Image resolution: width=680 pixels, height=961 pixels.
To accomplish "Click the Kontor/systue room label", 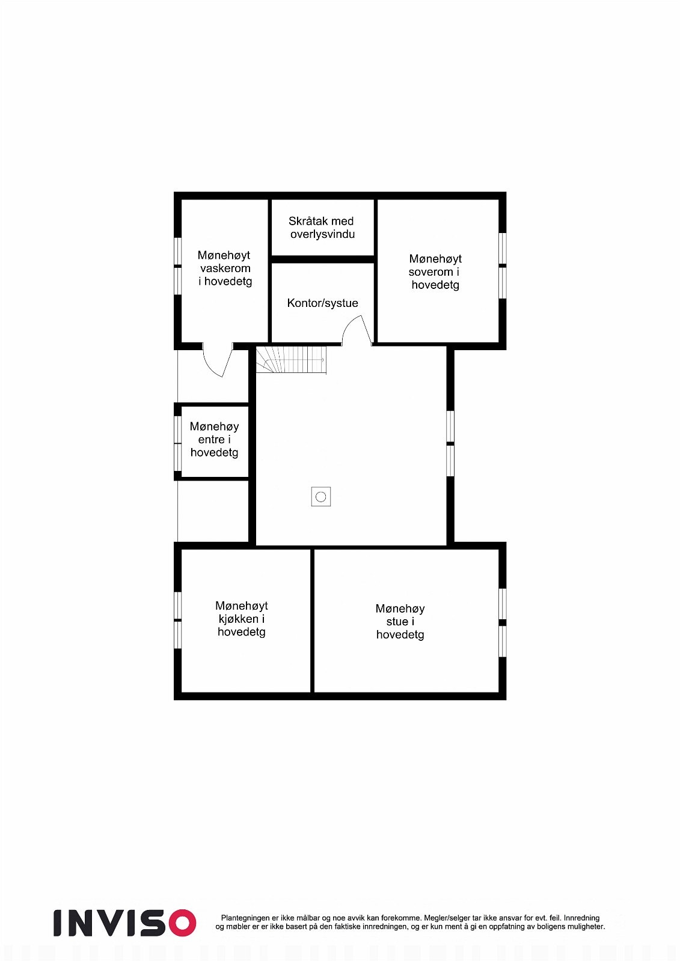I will pos(322,303).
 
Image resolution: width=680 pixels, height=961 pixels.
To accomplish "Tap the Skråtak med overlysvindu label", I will pos(322,228).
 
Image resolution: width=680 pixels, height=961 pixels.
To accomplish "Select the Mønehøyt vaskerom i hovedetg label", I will pos(225,268).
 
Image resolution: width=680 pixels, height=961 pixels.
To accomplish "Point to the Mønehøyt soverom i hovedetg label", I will pos(435,271).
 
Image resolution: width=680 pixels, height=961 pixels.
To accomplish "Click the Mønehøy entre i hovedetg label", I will pos(214,440).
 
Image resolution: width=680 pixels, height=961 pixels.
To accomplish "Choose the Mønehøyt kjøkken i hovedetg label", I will pos(241,619).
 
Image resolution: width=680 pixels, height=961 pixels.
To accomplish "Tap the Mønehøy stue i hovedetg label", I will pos(400,622).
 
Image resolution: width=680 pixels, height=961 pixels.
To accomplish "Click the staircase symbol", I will pos(291,360).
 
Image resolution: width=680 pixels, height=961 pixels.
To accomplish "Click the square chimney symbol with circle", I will pos(320,497).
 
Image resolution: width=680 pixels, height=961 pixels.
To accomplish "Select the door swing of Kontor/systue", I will pos(357,332).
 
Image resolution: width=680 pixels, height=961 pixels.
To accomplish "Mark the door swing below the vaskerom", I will pos(218,360).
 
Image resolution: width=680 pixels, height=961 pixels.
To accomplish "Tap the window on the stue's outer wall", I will pos(503,622).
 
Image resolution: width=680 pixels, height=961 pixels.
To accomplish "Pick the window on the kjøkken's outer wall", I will pos(178,620).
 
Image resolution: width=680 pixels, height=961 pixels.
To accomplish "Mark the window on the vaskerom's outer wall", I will pos(178,266).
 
